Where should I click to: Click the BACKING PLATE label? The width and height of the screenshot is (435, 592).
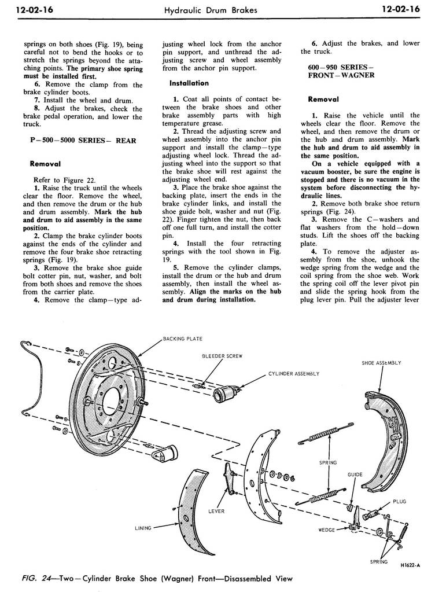182,339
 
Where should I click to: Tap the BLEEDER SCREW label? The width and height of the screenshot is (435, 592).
222,356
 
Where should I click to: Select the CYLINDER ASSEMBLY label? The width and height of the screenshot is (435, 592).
294,374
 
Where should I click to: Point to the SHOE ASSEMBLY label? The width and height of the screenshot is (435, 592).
381,363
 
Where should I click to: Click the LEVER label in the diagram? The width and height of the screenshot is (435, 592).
216,511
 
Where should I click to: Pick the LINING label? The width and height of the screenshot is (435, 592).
143,528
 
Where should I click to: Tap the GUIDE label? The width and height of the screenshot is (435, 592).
355,475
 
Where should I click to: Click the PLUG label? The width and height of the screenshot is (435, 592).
400,501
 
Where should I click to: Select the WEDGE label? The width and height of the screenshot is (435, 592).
327,530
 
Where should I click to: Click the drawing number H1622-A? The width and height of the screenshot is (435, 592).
410,565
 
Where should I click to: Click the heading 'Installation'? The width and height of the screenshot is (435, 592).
189,83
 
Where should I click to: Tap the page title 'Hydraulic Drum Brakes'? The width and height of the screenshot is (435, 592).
211,10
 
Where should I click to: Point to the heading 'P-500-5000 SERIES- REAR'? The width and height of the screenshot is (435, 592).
83,141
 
